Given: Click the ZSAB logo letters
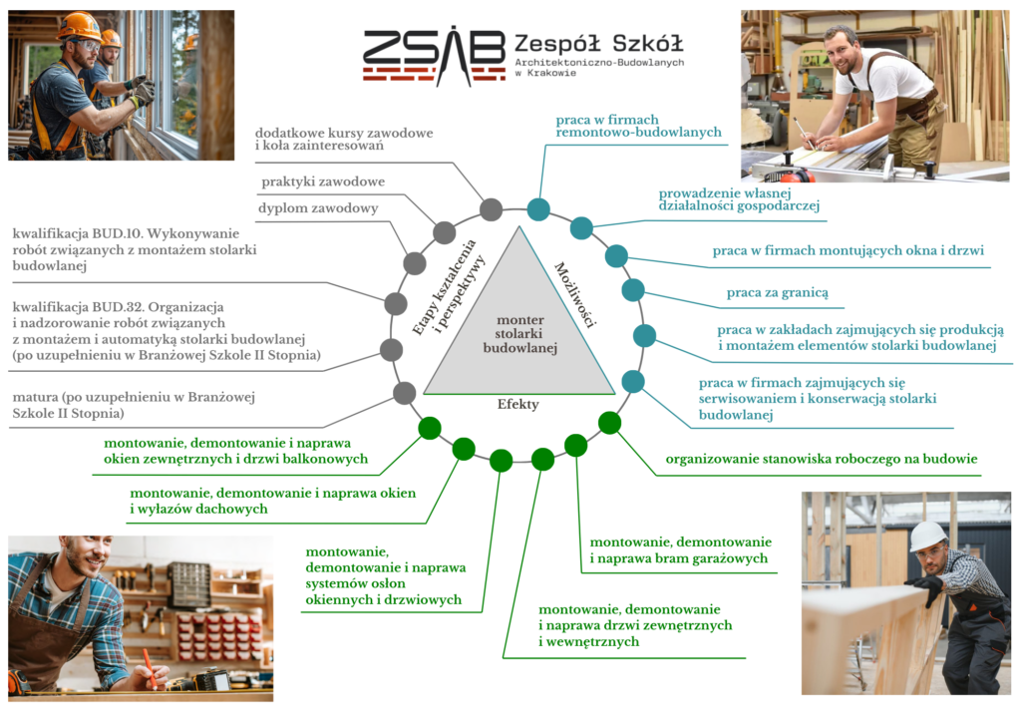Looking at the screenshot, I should [433, 52].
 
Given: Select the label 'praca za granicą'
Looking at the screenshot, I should [778, 292].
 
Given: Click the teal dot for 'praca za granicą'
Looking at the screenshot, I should [633, 290].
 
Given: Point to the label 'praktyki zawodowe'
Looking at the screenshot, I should [323, 181].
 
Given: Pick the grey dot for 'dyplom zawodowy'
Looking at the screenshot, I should [415, 263].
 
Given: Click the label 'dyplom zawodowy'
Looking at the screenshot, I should [318, 208].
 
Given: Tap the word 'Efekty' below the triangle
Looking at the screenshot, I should [518, 404].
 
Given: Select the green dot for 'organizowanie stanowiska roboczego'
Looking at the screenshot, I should [610, 423].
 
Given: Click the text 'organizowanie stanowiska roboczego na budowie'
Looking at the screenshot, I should [822, 460].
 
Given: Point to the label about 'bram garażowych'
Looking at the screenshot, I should [680, 549].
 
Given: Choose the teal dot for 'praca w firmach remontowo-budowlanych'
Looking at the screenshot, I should [538, 208].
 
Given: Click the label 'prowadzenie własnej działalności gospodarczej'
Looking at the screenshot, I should [739, 199].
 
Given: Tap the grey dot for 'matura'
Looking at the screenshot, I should [405, 393].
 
